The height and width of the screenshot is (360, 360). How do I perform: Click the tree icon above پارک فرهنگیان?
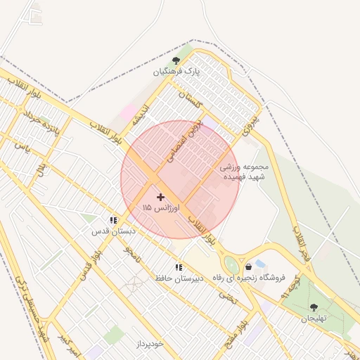click(x=176, y=61)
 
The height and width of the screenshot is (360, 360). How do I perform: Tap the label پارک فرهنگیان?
click(x=176, y=72)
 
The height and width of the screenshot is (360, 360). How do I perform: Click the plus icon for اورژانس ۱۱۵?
click(x=161, y=198)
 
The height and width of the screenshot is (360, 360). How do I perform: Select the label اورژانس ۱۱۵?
click(x=161, y=208)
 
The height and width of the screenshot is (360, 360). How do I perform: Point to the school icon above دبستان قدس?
click(x=113, y=220)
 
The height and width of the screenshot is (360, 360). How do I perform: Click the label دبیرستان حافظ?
click(x=179, y=278)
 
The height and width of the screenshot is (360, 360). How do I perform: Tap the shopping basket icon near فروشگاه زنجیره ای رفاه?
click(x=249, y=267)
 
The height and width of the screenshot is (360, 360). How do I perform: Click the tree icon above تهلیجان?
click(x=314, y=307)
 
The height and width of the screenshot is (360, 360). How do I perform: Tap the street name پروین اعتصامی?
click(x=183, y=141)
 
